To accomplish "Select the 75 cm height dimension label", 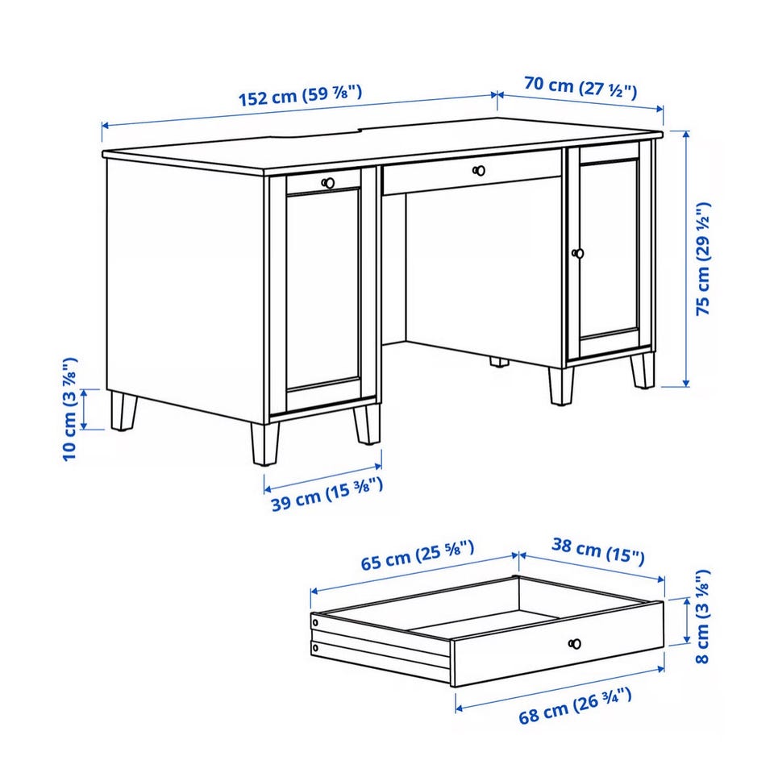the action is (x=703, y=259).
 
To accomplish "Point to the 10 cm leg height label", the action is (x=69, y=409).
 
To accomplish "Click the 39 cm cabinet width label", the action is (x=327, y=494).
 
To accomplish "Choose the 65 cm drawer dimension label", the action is (x=417, y=555).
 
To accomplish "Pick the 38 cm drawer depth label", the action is (x=598, y=550).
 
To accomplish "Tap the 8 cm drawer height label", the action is (x=701, y=616).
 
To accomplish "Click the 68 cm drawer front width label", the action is (x=575, y=705).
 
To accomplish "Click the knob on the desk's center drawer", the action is (x=479, y=171).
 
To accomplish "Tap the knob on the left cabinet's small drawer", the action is (x=328, y=183).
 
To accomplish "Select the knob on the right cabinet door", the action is (x=577, y=254).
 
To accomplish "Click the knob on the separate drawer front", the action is (x=575, y=644).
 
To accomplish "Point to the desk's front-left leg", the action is (x=264, y=444).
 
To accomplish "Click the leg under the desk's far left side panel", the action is (x=123, y=411).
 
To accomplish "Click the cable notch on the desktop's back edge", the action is (x=317, y=133).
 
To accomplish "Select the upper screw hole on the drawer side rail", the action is (x=315, y=622).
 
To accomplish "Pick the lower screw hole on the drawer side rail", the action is (x=315, y=647).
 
